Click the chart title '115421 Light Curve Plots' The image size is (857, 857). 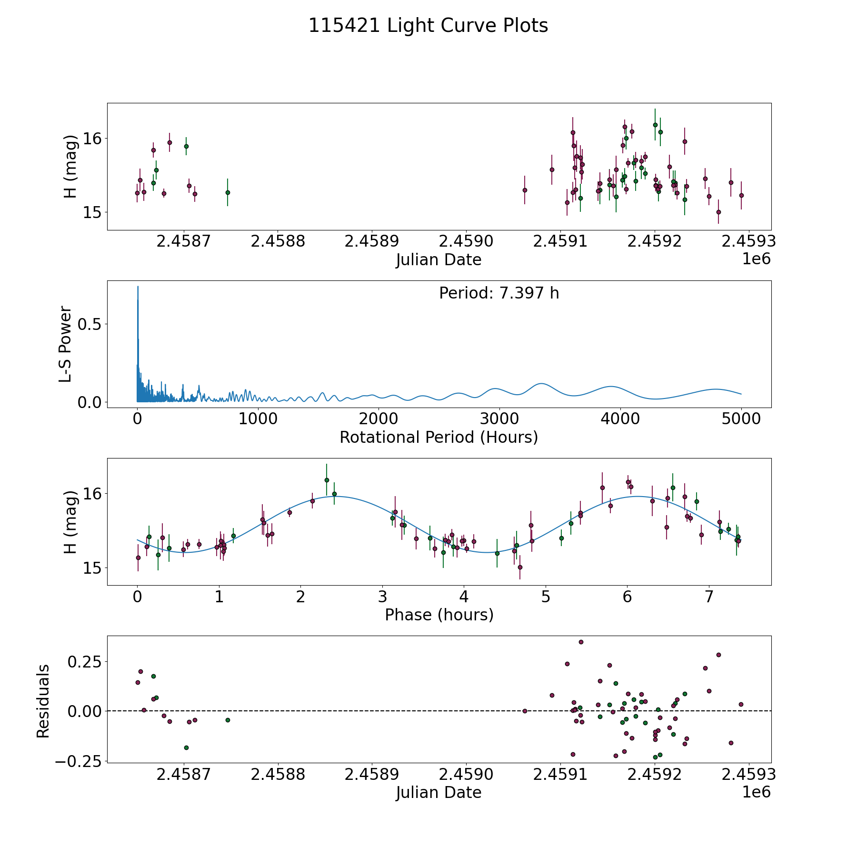click(428, 26)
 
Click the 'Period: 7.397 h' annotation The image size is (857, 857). click(499, 293)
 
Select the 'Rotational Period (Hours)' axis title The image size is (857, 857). click(438, 437)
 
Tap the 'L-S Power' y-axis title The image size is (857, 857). click(66, 344)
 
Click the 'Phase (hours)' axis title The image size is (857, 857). click(439, 615)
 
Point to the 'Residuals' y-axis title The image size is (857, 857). click(43, 701)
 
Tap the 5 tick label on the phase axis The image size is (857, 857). click(546, 597)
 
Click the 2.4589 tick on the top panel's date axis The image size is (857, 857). click(371, 241)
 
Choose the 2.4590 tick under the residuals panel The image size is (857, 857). click(466, 775)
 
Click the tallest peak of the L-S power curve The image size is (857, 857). click(138, 287)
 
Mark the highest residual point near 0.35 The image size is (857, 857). click(581, 642)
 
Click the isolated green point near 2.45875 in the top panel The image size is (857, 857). click(228, 192)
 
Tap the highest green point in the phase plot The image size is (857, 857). click(327, 480)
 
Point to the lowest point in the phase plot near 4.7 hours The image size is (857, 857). click(520, 567)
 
